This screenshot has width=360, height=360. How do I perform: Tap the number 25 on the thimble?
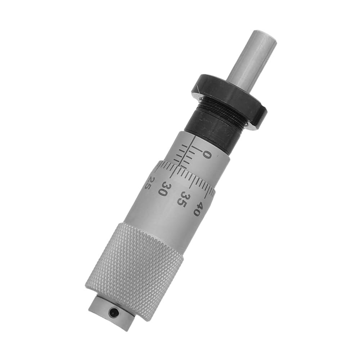click(149, 183)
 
